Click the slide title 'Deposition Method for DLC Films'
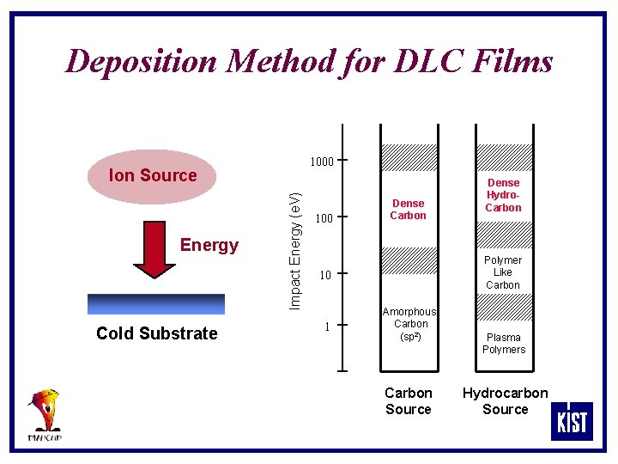coord(309,62)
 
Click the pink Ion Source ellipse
coord(153,176)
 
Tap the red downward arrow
coord(154,249)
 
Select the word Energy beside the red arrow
coord(209,245)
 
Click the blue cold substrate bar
coord(155,304)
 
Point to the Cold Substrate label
coord(157,333)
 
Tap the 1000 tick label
coord(321,161)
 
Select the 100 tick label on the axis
coord(323,219)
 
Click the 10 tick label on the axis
coord(324,276)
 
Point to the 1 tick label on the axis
coord(326,327)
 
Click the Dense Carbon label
coord(408,209)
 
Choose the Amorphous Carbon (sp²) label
coord(409,324)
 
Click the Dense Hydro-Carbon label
coord(503,195)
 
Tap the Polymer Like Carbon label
coord(503,272)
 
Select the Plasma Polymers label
coord(504,343)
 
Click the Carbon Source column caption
coord(409,401)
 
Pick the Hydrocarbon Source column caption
coord(505,401)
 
